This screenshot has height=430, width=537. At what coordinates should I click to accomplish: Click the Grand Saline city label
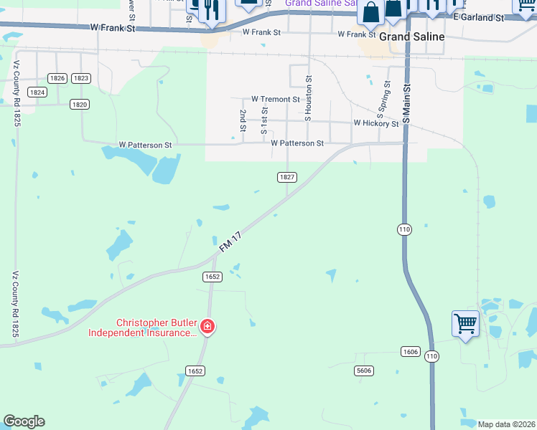tap(411, 36)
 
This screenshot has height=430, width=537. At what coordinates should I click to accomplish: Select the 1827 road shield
tap(287, 176)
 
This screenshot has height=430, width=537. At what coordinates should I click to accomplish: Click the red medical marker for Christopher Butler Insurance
tap(207, 327)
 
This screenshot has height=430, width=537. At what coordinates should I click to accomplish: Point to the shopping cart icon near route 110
tap(464, 324)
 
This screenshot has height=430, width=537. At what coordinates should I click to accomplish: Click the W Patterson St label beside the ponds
tap(146, 145)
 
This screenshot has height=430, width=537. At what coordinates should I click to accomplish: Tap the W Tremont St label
tap(276, 99)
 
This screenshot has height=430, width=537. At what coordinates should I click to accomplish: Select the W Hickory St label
tap(375, 123)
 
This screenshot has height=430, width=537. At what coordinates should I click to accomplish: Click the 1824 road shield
tap(37, 92)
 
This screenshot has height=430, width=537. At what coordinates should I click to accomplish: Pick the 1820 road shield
tap(80, 104)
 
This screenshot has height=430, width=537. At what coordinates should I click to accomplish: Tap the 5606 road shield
tap(364, 370)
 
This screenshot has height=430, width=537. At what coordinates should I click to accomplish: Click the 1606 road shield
tap(409, 351)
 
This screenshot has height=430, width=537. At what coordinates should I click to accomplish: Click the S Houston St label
tap(309, 96)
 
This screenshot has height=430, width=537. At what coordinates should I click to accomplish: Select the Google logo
tap(24, 421)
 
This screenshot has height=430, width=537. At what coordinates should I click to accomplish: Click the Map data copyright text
tap(507, 424)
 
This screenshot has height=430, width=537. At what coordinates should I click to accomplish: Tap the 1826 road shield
tap(58, 78)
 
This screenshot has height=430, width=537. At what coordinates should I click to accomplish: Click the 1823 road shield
tap(81, 78)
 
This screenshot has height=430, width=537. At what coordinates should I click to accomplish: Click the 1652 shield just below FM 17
tap(213, 277)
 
